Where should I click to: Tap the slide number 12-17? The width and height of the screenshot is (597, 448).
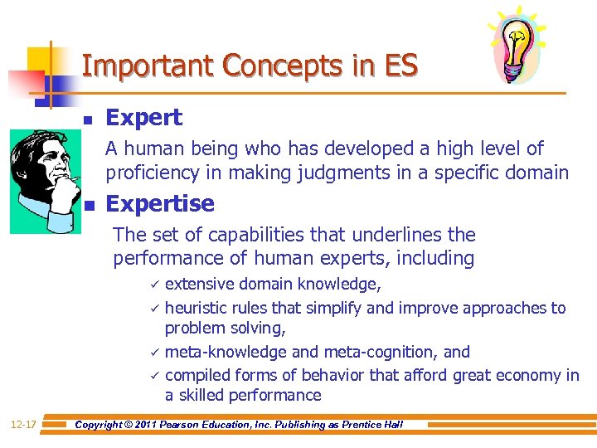pyautogui.click(x=24, y=425)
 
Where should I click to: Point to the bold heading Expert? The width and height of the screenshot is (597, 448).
pyautogui.click(x=143, y=118)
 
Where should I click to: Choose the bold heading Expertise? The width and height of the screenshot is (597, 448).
pyautogui.click(x=160, y=203)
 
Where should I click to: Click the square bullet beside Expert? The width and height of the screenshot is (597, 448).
pyautogui.click(x=88, y=119)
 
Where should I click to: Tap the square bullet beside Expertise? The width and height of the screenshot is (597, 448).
pyautogui.click(x=88, y=205)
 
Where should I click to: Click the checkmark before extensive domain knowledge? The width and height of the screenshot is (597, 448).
pyautogui.click(x=153, y=285)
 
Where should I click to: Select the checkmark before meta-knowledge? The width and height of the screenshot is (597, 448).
pyautogui.click(x=153, y=352)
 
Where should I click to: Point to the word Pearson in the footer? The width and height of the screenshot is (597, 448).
pyautogui.click(x=196, y=425)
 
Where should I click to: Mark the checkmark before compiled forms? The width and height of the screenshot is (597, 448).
pyautogui.click(x=153, y=375)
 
